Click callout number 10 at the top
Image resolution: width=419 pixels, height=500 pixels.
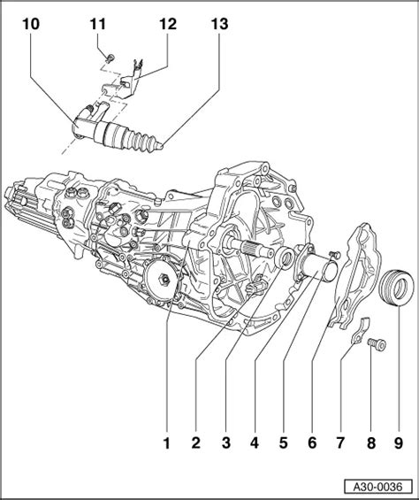click(x=31, y=24)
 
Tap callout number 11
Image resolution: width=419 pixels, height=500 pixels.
click(x=98, y=24)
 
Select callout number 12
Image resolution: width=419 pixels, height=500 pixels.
click(x=168, y=24)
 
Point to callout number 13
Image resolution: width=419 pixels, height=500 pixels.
click(x=220, y=24)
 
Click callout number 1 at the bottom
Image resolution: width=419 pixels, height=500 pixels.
click(x=167, y=443)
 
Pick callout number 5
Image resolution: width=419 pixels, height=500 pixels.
click(x=283, y=443)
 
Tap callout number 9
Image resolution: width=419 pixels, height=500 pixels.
click(x=399, y=443)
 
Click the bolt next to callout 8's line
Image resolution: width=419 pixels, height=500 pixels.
click(x=377, y=344)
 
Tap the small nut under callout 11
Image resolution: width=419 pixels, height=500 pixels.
click(x=110, y=58)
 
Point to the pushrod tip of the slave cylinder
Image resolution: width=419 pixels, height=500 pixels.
click(x=161, y=146)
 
